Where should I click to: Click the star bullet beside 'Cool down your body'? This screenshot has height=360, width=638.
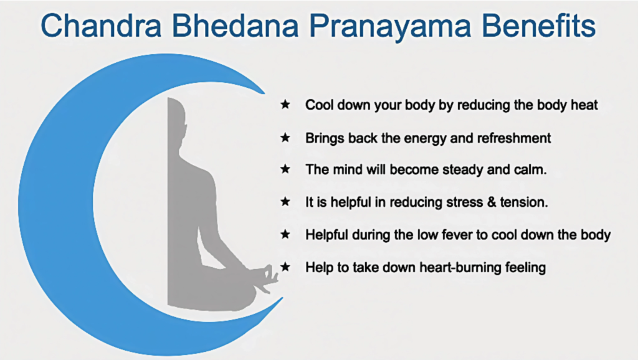pyautogui.click(x=285, y=105)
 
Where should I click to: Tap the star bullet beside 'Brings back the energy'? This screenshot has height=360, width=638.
pyautogui.click(x=285, y=138)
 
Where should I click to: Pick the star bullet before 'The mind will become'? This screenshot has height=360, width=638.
pyautogui.click(x=285, y=169)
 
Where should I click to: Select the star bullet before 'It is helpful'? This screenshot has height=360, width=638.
pyautogui.click(x=285, y=202)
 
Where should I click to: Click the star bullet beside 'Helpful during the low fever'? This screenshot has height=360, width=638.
pyautogui.click(x=285, y=235)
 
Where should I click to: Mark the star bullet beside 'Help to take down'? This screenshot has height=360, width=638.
pyautogui.click(x=285, y=267)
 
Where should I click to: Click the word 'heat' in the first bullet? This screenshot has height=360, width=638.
pyautogui.click(x=584, y=105)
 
